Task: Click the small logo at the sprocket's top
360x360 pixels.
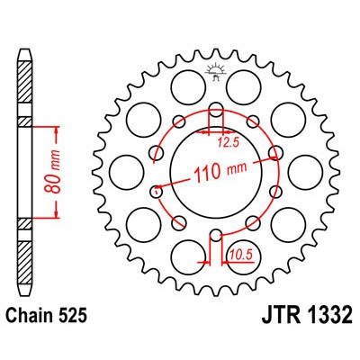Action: click(216, 70)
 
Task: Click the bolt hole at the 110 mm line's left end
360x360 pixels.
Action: click(157, 190)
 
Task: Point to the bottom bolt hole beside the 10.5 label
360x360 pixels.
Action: click(216, 237)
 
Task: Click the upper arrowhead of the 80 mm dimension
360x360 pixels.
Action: click(56, 125)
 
